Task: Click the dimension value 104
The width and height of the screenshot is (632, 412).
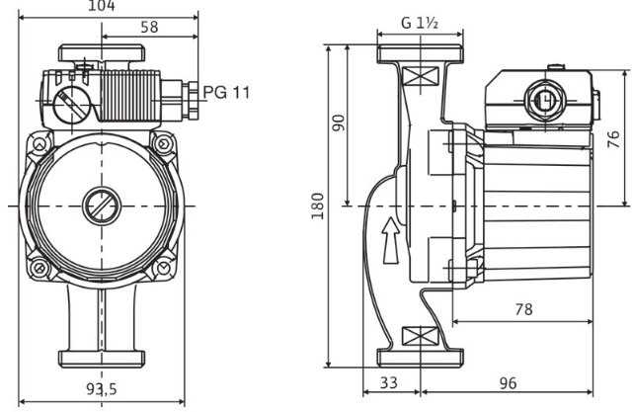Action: [102, 6]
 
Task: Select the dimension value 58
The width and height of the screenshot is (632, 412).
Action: [148, 28]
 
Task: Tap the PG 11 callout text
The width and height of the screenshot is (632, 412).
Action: [227, 92]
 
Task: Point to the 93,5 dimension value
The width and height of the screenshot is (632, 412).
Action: [101, 388]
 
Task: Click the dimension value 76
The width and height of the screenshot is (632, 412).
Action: [613, 138]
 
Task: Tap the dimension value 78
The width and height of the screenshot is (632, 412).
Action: [523, 309]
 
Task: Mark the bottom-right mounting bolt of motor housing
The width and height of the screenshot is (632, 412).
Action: [161, 267]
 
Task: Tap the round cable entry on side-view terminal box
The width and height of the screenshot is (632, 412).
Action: [541, 100]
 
